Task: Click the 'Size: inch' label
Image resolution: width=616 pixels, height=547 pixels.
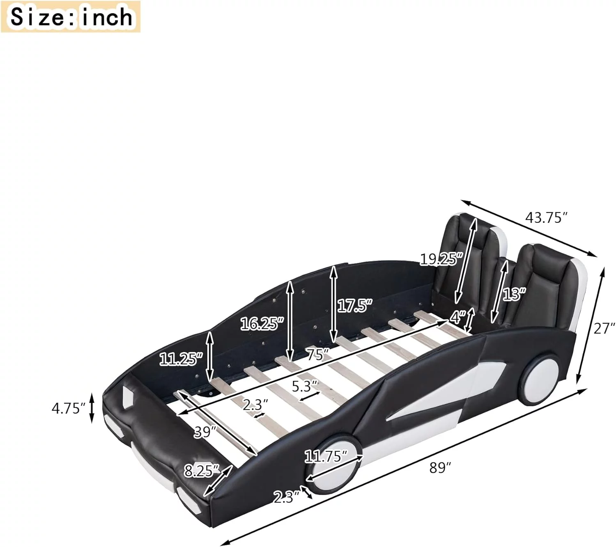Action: coord(71,17)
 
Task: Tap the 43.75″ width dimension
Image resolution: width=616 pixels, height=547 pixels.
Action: coord(546,217)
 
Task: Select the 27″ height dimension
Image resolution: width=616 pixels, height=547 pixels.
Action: coord(602,328)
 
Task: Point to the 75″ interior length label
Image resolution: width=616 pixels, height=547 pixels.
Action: coord(318,354)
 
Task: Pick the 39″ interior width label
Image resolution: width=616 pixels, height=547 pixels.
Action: coord(205,432)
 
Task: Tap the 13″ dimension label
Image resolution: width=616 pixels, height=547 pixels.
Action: coord(514,294)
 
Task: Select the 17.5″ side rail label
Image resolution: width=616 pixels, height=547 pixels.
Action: coord(354,306)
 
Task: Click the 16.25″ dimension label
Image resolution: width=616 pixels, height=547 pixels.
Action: coord(262,324)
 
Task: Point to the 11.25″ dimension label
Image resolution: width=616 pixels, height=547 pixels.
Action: coord(181,359)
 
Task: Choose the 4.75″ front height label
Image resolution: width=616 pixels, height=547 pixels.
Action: coord(68,408)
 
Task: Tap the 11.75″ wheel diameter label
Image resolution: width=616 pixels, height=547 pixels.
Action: coord(326,456)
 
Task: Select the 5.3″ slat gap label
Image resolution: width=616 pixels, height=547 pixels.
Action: coord(305,386)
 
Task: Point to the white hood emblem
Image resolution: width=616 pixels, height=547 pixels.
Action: coord(129,396)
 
